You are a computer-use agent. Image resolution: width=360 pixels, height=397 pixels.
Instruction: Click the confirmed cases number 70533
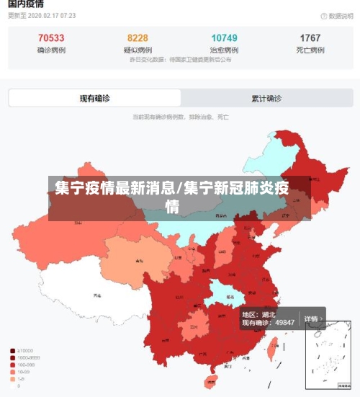51,38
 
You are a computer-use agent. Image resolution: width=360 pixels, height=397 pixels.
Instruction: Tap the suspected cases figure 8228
138,38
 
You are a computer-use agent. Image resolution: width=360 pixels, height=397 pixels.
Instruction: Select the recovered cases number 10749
224,38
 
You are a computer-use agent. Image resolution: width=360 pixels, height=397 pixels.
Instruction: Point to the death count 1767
310,38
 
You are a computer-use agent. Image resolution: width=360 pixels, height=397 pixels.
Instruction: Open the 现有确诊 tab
94,98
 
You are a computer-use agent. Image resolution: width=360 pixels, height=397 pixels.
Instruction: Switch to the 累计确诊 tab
266,98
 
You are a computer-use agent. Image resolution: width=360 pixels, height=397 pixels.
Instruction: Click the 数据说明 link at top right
336,15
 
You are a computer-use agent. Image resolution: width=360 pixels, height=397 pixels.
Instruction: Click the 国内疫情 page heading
26,4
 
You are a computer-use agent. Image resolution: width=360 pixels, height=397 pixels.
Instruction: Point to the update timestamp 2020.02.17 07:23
43,14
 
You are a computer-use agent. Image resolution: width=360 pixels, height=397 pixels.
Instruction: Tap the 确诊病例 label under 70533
51,50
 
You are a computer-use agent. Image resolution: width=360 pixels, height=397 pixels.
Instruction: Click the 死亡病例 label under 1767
310,50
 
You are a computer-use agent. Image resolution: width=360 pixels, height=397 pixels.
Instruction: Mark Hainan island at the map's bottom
211,382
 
